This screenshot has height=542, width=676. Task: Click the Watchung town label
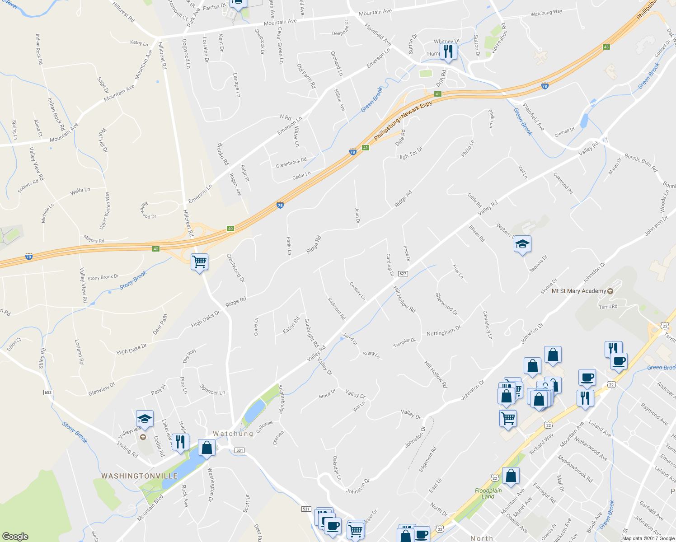click(x=233, y=434)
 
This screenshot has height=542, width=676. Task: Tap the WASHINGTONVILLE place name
click(x=139, y=476)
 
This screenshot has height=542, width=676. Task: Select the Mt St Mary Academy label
click(x=578, y=291)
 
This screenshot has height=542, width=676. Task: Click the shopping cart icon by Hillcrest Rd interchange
click(x=199, y=262)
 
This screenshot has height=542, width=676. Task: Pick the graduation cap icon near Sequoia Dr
click(x=522, y=244)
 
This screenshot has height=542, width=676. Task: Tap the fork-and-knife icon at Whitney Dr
click(x=448, y=51)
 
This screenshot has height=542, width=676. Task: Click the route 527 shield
click(x=403, y=274)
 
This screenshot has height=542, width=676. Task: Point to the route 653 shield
click(x=48, y=392)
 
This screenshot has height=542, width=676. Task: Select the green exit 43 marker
click(x=606, y=47)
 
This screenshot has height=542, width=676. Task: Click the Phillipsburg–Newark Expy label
click(x=403, y=120)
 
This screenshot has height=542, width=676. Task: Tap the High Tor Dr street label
click(x=409, y=153)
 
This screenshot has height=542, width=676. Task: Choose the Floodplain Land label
click(x=488, y=493)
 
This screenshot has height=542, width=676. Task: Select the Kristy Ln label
click(x=371, y=354)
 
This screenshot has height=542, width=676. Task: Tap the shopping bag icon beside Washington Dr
click(x=207, y=448)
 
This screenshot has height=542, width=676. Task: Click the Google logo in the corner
click(x=15, y=536)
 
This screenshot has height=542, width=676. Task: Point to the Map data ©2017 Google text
click(x=648, y=538)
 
